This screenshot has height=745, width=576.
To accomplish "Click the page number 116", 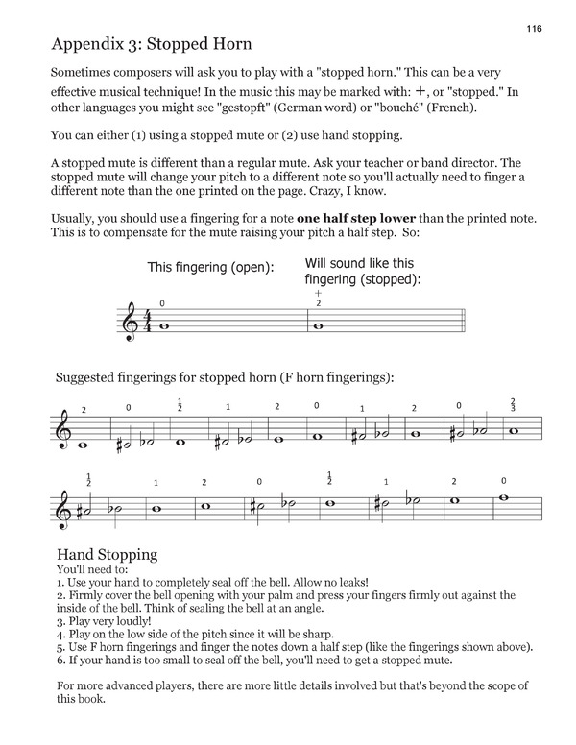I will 534,30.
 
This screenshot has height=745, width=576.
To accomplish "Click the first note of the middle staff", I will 84,444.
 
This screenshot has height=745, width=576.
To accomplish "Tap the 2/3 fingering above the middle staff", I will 514,405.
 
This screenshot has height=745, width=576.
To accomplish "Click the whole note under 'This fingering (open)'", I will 165,326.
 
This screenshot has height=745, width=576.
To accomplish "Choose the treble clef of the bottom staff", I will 64,505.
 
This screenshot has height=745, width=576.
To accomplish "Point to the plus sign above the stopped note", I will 318,293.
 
